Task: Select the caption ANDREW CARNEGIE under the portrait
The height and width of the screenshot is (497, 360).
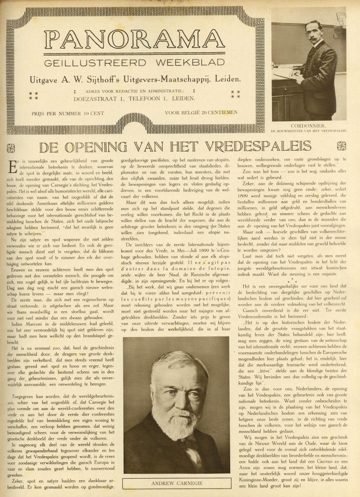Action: pos(180,481)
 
